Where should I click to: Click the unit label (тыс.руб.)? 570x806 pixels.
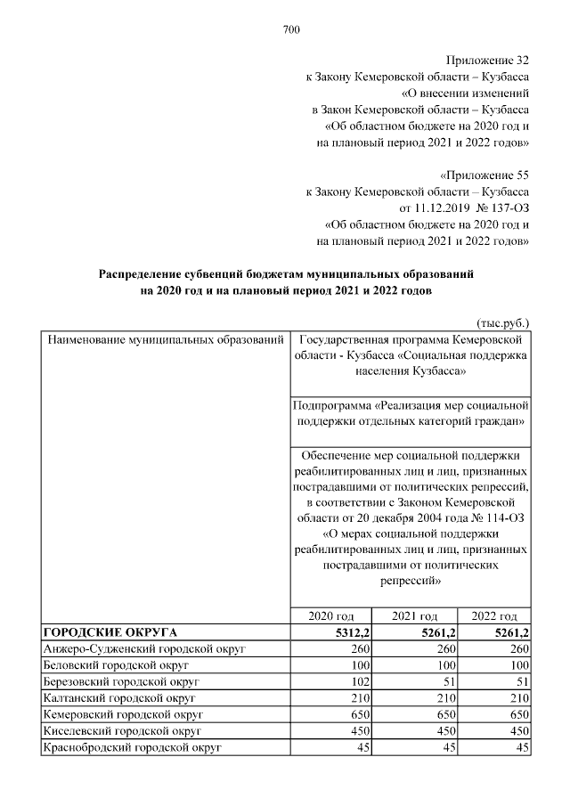(x=499, y=324)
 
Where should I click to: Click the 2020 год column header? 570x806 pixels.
(x=331, y=616)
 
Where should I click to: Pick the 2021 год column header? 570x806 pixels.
(x=415, y=616)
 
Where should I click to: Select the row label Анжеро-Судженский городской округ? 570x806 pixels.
(x=144, y=649)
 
